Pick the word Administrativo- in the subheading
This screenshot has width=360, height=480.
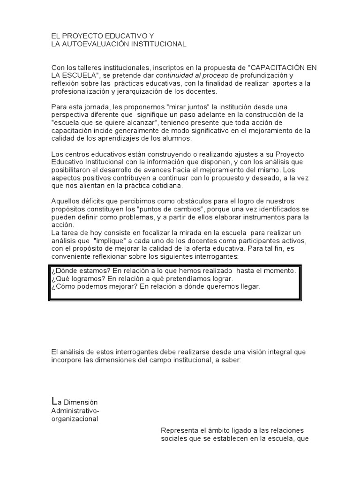point(75,411)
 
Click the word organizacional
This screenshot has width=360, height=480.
point(75,419)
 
